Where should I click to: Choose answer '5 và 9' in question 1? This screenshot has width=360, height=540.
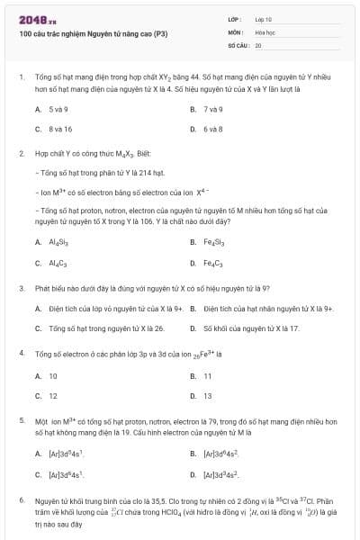tap(58, 109)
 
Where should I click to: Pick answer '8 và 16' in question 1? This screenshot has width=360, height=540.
tap(60, 129)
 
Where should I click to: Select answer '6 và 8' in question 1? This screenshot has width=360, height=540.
tap(212, 129)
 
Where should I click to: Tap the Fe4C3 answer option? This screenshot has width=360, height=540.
tap(214, 264)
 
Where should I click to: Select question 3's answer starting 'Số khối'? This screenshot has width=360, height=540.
tap(251, 328)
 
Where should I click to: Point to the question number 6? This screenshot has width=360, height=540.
tap(21, 499)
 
